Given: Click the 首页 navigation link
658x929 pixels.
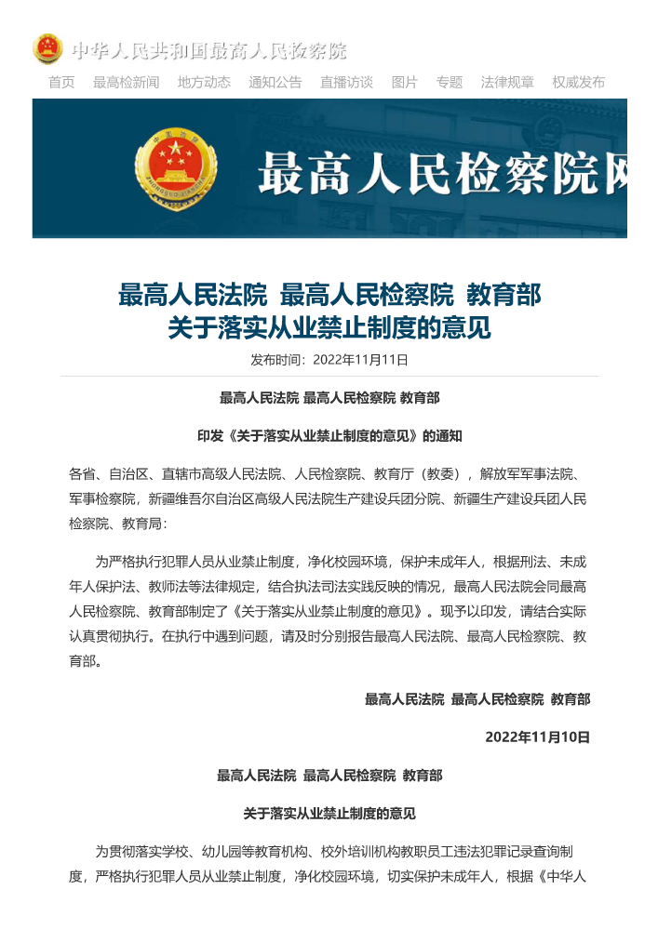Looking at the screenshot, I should pyautogui.click(x=61, y=82).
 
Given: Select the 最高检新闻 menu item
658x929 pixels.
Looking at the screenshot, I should pyautogui.click(x=126, y=82).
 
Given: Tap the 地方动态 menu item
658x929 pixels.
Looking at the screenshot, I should pyautogui.click(x=204, y=82).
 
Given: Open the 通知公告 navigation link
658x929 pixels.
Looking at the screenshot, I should pyautogui.click(x=275, y=82).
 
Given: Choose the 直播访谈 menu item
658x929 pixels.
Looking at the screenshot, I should pyautogui.click(x=346, y=82).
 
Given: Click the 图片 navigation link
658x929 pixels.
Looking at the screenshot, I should pyautogui.click(x=404, y=82).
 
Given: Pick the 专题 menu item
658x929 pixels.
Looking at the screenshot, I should pyautogui.click(x=450, y=82).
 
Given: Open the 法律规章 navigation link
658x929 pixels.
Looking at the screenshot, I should pyautogui.click(x=507, y=82).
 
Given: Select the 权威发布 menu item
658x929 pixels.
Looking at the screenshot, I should pyautogui.click(x=578, y=82).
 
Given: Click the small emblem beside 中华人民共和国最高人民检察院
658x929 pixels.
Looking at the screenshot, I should pyautogui.click(x=47, y=49).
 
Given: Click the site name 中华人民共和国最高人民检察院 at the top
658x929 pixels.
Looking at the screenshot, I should pyautogui.click(x=209, y=50).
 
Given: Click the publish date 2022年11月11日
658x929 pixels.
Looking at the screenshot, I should pyautogui.click(x=361, y=360).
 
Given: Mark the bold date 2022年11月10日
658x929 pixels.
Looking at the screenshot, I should pyautogui.click(x=538, y=737).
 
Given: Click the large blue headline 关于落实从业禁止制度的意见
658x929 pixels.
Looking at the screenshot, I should pyautogui.click(x=329, y=328).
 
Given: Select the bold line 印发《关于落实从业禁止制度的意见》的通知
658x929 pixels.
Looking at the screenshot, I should pyautogui.click(x=329, y=435).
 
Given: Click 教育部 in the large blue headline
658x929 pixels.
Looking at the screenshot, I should pyautogui.click(x=504, y=297).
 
